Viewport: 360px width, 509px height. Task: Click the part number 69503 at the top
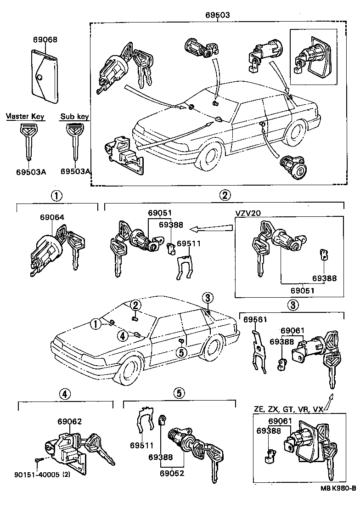click(218, 15)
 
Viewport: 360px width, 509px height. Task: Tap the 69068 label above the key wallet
click(45, 40)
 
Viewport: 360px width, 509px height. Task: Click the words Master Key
click(26, 117)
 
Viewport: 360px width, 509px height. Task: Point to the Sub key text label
click(74, 117)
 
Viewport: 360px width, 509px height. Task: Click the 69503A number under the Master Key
click(29, 171)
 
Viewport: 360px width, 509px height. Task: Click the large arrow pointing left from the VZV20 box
click(211, 227)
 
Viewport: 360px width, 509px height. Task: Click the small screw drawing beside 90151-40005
click(38, 461)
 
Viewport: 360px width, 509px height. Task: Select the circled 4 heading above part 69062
click(65, 393)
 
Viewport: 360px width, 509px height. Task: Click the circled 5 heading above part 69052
click(179, 393)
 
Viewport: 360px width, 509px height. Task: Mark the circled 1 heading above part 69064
click(56, 196)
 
